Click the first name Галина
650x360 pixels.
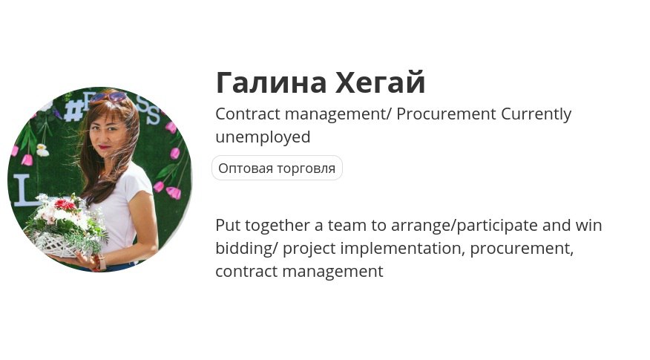[x=272, y=82]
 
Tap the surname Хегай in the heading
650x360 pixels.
[x=381, y=82]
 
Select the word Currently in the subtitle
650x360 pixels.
[x=536, y=114]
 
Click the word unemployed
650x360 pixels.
[x=263, y=137]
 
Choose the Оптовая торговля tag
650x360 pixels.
[x=277, y=168]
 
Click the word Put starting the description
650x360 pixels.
[x=228, y=226]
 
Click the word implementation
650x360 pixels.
[x=401, y=249]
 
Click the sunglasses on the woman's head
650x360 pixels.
[x=108, y=96]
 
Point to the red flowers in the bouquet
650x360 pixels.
[x=65, y=204]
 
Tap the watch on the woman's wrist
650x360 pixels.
[x=100, y=263]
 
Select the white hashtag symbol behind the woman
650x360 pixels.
[x=73, y=111]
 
